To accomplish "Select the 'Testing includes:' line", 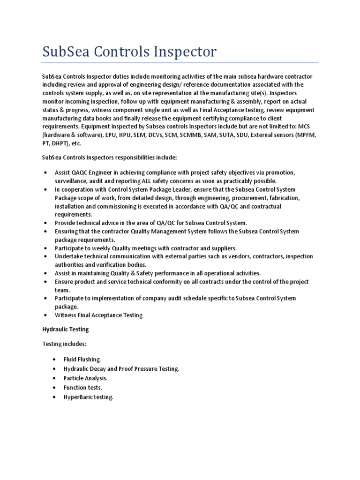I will pyautogui.click(x=64, y=344).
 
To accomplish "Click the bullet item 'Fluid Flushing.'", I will pyautogui.click(x=82, y=359).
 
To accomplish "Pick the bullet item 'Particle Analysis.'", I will pyautogui.click(x=86, y=378).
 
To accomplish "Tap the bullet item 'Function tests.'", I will pyautogui.click(x=83, y=388).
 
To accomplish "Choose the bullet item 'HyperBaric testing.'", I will pyautogui.click(x=89, y=397).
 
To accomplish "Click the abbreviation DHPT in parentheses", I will pyautogui.click(x=60, y=143).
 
